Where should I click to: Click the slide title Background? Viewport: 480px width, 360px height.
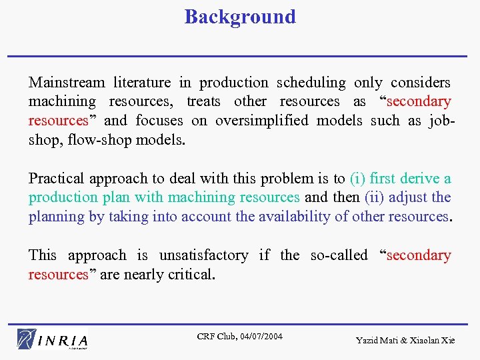(240, 17)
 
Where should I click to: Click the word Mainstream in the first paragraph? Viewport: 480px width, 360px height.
(67, 83)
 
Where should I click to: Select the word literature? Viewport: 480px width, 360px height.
(142, 83)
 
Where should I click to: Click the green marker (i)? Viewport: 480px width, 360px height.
(357, 179)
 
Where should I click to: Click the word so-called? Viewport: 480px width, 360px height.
(339, 255)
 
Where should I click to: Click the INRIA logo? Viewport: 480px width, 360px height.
(53, 339)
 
